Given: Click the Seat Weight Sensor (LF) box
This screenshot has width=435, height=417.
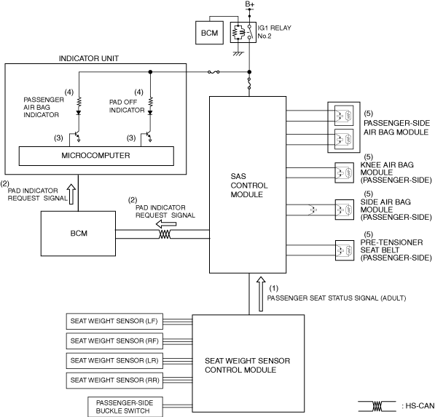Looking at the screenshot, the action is tap(114, 321).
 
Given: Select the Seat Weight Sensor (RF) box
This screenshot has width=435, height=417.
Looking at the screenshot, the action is tap(114, 341).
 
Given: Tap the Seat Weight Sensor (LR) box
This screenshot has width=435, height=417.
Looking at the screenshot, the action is tap(114, 360).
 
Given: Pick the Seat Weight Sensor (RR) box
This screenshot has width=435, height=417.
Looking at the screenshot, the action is tap(114, 381).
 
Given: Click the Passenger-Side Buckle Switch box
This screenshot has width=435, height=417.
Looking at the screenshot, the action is tap(125, 407).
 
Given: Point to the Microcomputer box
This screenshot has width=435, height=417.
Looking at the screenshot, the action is tap(96, 156).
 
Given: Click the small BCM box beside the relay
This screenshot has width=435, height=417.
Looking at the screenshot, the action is tap(209, 33).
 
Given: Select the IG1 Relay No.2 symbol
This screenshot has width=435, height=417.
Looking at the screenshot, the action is tap(243, 33).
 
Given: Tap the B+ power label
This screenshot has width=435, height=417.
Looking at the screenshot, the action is tap(249, 4).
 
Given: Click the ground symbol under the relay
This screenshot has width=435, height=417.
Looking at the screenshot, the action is tap(238, 53).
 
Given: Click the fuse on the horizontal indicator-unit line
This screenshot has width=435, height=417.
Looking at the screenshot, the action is tap(213, 72).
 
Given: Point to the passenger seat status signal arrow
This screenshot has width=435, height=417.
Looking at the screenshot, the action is tap(261, 294).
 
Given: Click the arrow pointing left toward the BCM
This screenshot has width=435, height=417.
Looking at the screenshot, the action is tap(166, 224).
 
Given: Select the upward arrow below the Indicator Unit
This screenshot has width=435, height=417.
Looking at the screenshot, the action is tap(71, 194).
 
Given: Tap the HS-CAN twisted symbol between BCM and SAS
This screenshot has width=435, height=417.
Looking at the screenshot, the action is tap(165, 234).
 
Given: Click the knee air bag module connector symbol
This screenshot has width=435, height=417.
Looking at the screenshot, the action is tap(344, 173).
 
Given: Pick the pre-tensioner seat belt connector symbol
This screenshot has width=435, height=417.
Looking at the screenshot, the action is tap(345, 250).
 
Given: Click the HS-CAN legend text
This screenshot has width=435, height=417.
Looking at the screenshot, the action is tap(418, 406).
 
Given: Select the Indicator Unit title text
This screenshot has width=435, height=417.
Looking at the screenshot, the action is tap(89, 58).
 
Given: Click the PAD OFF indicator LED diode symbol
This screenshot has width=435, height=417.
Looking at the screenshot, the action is tap(150, 113).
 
